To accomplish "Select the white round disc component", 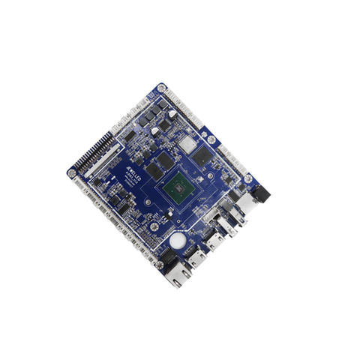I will point(178,241).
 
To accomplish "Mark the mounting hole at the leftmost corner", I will point(72,173).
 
